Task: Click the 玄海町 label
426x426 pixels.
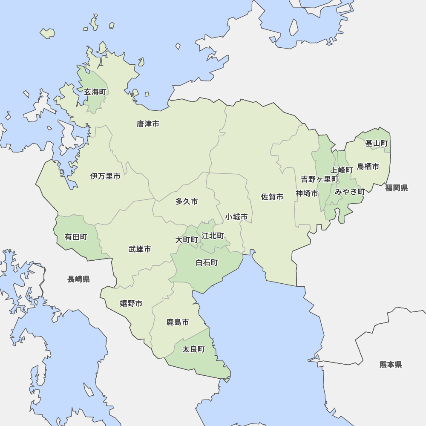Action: pos(95,92)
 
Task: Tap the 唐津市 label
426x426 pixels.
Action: pos(148,124)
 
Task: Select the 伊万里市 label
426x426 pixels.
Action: pos(105,176)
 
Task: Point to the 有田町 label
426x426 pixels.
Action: pos(76,237)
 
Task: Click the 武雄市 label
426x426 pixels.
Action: pos(140,249)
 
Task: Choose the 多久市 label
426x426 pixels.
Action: pos(187,201)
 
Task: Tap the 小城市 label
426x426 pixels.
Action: pos(236,217)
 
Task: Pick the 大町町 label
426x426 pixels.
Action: pos(187,239)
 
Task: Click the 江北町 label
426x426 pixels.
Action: pos(213,236)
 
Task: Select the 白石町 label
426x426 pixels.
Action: pos(207,262)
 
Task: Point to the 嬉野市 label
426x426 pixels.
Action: pos(131,303)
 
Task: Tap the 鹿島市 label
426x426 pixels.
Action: pos(178,322)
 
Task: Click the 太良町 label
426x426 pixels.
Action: pos(193,349)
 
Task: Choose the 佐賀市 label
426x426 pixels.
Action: pos(272,197)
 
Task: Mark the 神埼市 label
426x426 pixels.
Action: pos(307,193)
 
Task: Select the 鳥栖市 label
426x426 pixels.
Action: pos(368,166)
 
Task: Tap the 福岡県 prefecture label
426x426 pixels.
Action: pos(397,188)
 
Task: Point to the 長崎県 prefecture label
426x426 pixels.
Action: pos(78,279)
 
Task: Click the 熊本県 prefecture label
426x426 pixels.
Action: pos(391,364)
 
